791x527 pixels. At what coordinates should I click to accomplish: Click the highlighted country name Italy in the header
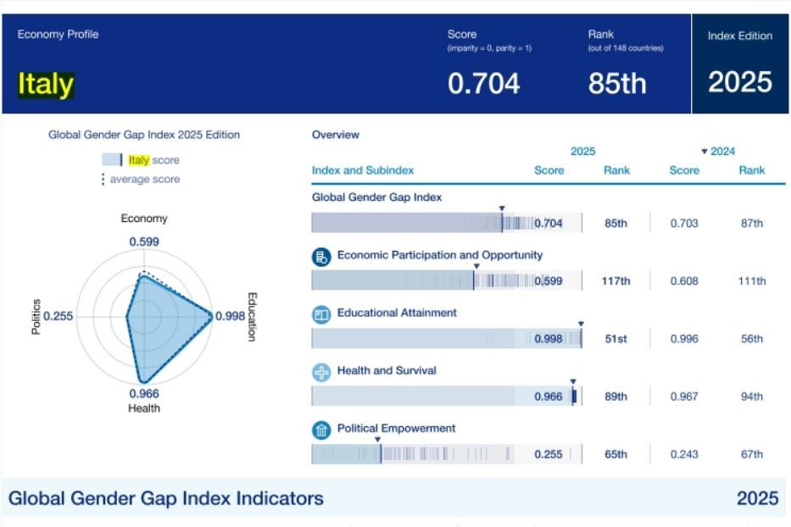[46, 84]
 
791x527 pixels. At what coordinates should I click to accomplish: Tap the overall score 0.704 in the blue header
[483, 83]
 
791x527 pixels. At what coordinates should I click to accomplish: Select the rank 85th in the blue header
[616, 83]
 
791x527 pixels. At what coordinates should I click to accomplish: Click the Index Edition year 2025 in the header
[740, 82]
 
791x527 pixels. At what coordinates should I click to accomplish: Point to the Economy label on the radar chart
[144, 219]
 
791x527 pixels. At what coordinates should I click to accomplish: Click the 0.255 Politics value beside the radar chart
[58, 316]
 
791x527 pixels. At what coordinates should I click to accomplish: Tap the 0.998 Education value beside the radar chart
[230, 316]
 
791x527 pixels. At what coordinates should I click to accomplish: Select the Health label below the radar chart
[144, 408]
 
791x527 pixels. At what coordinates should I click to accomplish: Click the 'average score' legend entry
[144, 179]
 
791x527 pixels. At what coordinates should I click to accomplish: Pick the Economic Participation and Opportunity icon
[321, 258]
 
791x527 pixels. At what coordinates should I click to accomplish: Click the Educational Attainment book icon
[321, 315]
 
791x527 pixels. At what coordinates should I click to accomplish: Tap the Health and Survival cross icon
[321, 373]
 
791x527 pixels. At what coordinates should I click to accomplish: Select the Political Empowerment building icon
[321, 430]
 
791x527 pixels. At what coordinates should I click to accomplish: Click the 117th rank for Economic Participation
[616, 281]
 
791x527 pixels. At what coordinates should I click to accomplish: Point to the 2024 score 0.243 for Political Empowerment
[684, 454]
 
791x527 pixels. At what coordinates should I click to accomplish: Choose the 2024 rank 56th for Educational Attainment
[751, 339]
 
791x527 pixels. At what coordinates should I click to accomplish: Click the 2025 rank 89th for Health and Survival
[616, 397]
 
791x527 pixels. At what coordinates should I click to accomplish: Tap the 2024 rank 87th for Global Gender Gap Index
[751, 224]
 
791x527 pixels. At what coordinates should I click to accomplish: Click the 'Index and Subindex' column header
[363, 170]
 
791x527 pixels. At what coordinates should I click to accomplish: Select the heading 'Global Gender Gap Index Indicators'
[166, 498]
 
